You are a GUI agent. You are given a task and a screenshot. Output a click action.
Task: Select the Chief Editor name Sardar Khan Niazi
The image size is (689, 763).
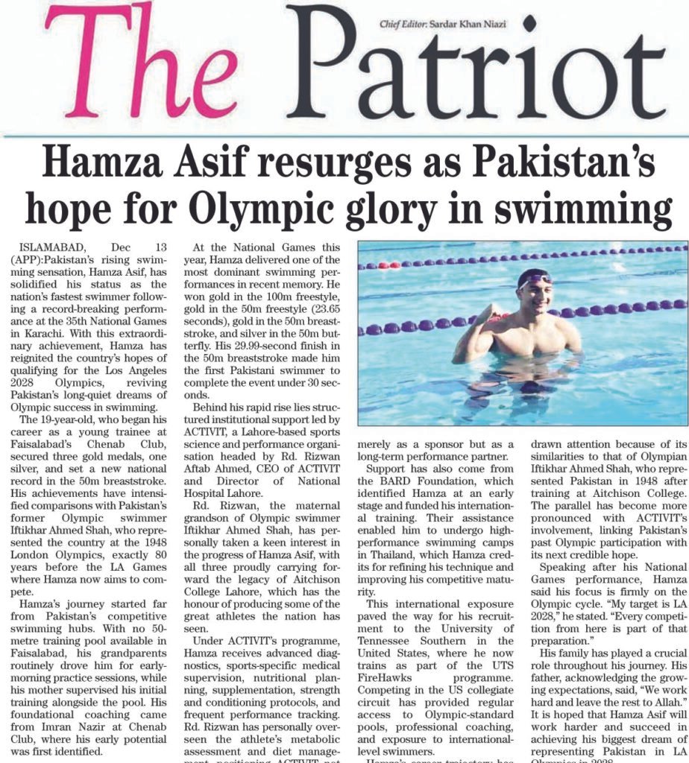click(x=475, y=24)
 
